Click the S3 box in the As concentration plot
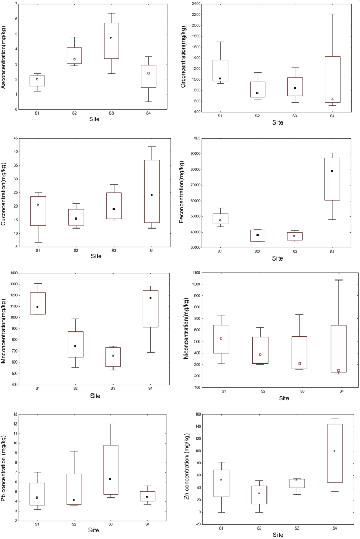[x=111, y=40]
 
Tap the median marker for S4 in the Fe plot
[x=332, y=171]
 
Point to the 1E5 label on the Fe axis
[x=198, y=138]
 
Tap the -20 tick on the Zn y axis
[x=199, y=524]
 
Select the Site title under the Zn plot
[x=277, y=534]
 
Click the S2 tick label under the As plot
[x=75, y=112]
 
